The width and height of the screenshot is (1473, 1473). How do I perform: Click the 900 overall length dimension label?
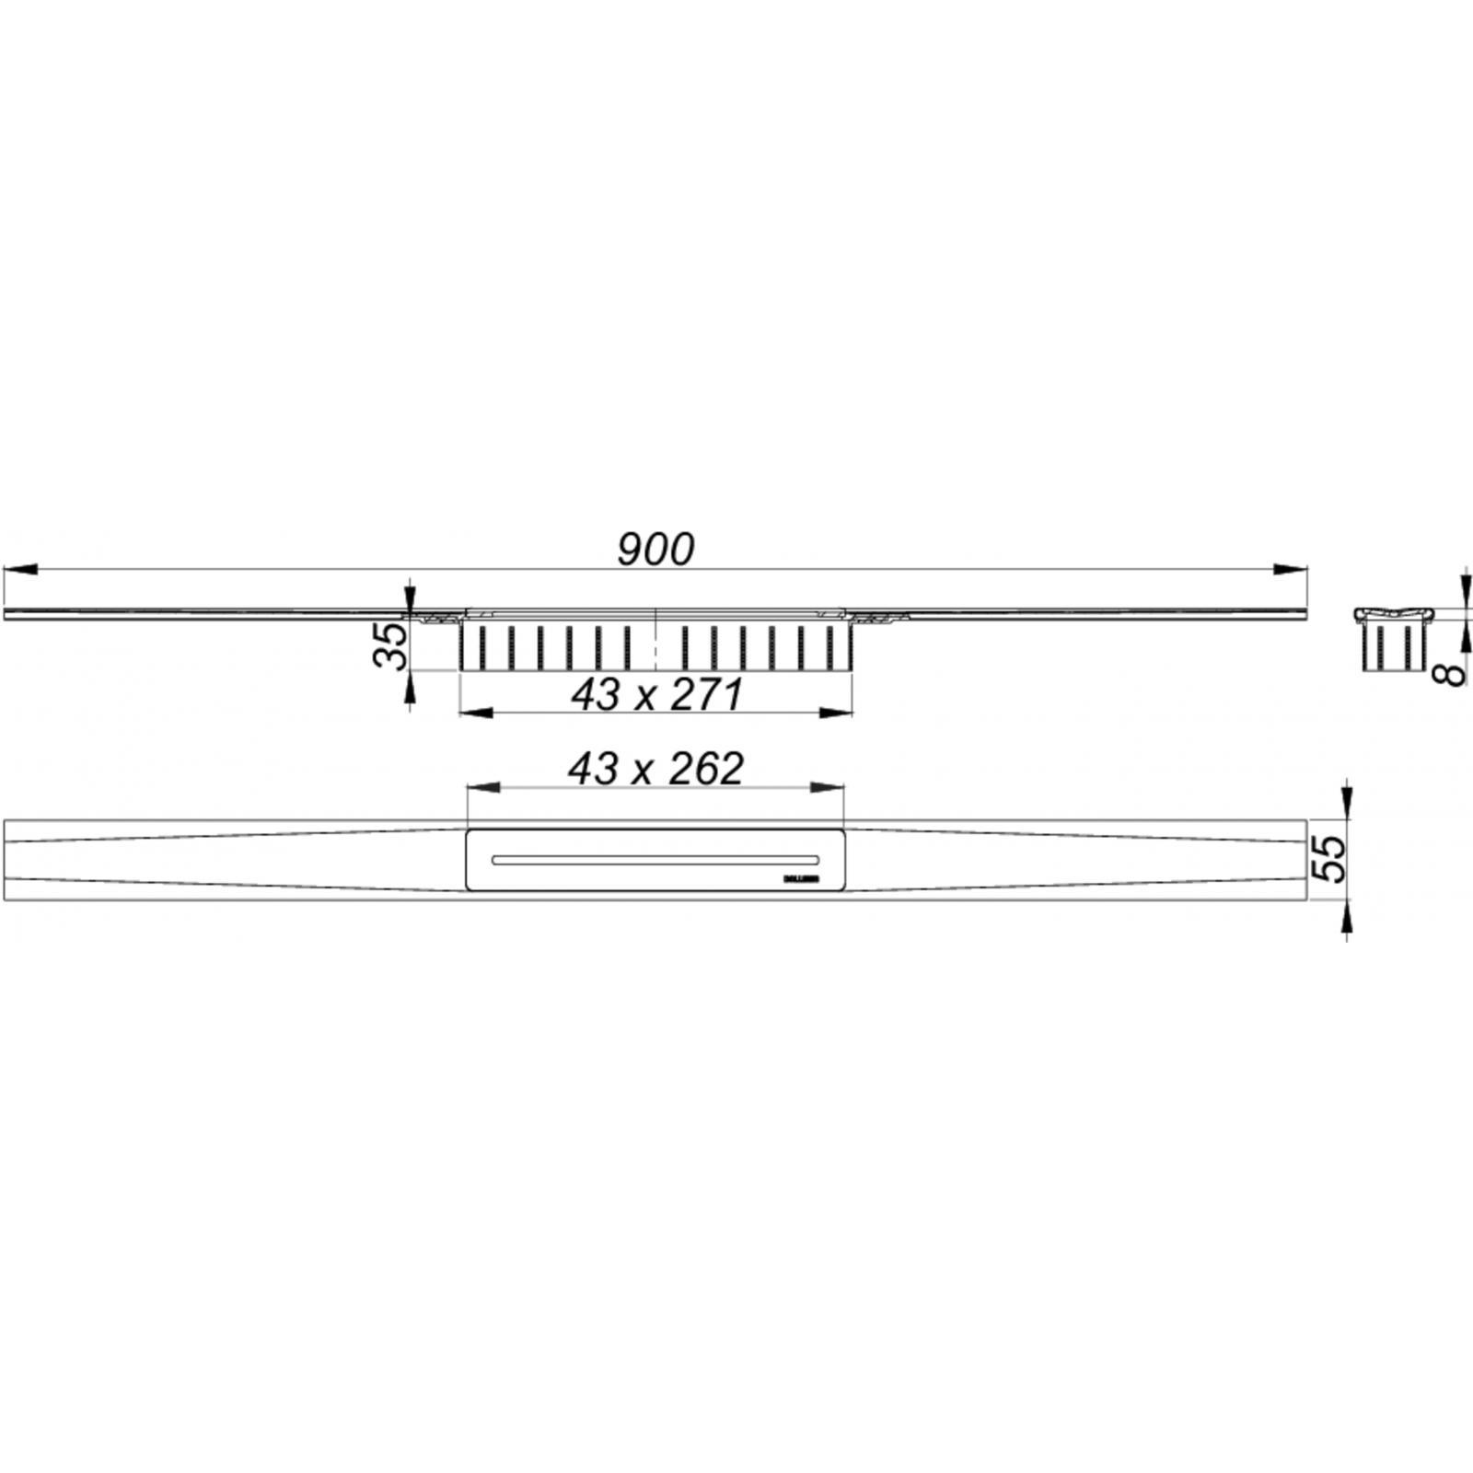[655, 550]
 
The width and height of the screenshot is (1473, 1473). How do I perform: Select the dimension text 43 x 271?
[656, 694]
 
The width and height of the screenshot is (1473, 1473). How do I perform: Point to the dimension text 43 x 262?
[655, 769]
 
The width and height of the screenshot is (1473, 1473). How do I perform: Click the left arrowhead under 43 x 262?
[482, 787]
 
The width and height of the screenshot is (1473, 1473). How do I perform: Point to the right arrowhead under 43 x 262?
[829, 787]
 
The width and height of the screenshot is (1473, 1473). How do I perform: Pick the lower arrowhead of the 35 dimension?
[410, 685]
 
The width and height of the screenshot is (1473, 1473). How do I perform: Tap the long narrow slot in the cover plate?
[655, 859]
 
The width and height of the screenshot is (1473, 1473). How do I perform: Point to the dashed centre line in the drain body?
[655, 640]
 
